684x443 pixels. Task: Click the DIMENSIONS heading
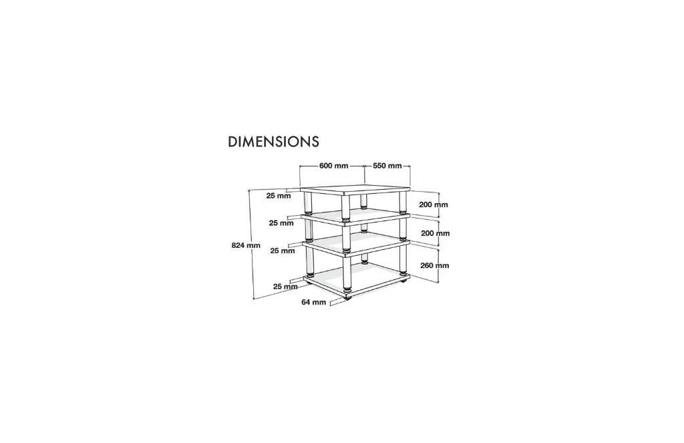point(273,142)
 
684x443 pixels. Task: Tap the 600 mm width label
point(334,166)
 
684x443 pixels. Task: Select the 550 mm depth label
point(387,166)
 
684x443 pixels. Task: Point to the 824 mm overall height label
point(246,245)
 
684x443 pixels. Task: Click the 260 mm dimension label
point(434,265)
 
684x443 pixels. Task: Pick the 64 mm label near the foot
point(314,302)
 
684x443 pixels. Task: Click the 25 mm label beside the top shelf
point(279,196)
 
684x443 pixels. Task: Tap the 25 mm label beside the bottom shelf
point(285,287)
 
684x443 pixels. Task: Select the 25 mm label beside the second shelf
point(281,223)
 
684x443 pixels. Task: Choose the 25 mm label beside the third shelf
point(283,251)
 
